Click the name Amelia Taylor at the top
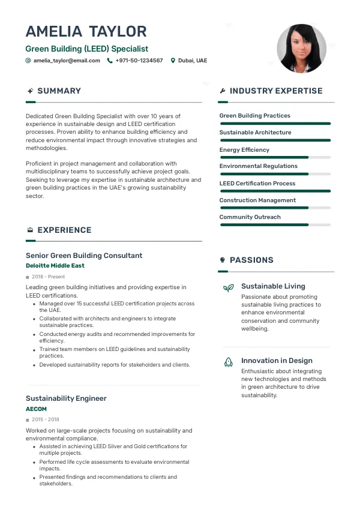86,31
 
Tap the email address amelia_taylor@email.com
67,61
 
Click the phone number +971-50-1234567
139,61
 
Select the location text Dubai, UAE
192,61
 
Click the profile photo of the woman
301,49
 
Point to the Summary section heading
59,91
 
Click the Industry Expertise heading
275,91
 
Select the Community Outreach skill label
250,217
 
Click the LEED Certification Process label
257,183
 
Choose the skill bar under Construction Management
275,208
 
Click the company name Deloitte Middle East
55,265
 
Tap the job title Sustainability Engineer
66,398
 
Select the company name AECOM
36,409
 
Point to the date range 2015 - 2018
46,419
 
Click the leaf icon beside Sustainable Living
228,288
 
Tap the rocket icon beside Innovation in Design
228,362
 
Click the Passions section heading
251,260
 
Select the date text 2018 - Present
48,277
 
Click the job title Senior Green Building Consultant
84,256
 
